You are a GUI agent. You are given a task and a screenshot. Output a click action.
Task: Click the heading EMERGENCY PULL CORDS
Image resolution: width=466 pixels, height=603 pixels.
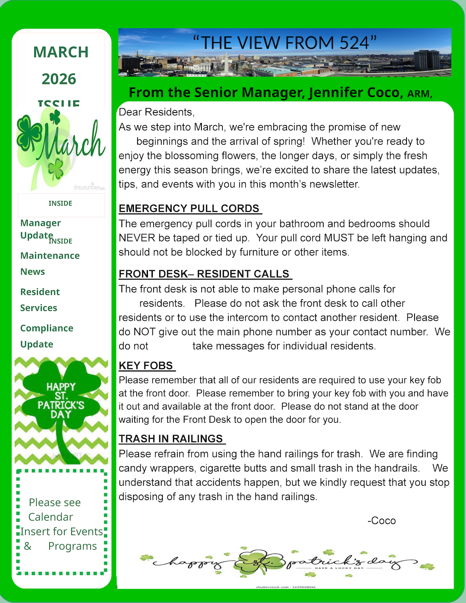click(x=189, y=209)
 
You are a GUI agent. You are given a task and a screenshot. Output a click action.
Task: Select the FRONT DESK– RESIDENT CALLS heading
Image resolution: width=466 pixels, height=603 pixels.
click(x=204, y=274)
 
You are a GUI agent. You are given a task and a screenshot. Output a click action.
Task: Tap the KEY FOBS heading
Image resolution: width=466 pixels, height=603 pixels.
click(x=146, y=366)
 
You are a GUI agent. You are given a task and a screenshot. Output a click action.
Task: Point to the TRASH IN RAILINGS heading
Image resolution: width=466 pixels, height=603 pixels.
click(x=171, y=439)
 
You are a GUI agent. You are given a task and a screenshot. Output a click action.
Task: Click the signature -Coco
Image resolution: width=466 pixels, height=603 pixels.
click(x=382, y=521)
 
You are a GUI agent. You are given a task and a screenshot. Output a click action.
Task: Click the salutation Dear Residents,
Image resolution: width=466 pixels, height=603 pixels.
click(x=157, y=112)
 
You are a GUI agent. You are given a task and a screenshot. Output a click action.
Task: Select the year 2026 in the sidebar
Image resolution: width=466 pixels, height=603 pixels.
click(x=59, y=79)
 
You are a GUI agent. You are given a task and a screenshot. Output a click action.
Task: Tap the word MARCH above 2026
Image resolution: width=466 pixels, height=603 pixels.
click(x=61, y=52)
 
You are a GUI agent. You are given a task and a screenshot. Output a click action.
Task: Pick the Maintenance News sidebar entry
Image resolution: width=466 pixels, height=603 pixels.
click(x=50, y=263)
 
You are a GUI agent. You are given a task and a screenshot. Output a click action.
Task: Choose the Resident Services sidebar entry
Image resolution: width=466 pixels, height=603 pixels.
click(x=40, y=299)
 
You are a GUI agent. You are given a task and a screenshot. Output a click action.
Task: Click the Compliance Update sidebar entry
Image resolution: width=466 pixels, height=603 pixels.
click(x=47, y=336)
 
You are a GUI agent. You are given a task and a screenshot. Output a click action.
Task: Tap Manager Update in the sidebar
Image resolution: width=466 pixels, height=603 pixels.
click(x=40, y=229)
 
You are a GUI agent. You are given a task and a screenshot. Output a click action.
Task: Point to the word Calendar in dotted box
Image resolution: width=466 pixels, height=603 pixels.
click(x=51, y=517)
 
